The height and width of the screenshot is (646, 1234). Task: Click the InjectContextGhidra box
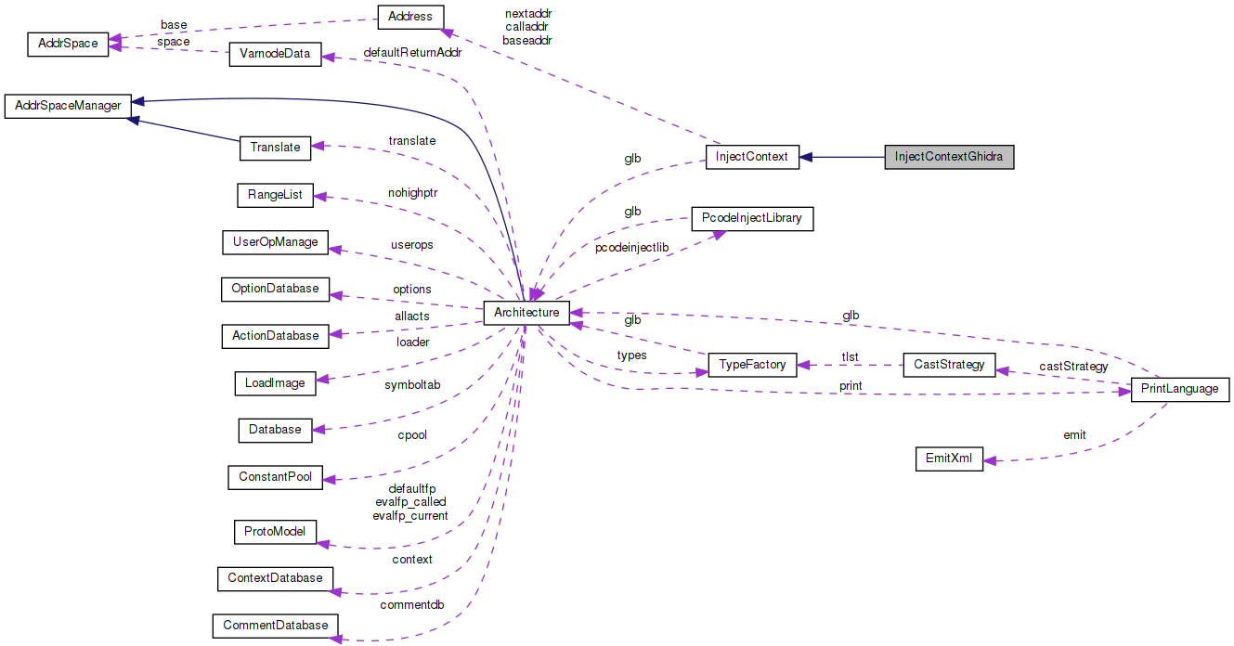point(949,157)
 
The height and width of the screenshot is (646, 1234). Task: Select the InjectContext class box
point(751,157)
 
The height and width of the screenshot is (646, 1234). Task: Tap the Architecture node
point(526,313)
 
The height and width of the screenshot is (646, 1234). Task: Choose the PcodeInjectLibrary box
point(752,220)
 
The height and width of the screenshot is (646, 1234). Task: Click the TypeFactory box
point(752,365)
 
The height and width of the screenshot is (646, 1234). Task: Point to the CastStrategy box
point(949,365)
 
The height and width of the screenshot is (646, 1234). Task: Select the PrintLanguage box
point(1179,389)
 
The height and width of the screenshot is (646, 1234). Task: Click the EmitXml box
point(949,459)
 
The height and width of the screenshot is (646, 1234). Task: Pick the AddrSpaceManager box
point(68,106)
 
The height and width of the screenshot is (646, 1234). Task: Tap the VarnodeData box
point(275,54)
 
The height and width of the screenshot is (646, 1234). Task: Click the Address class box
point(410,17)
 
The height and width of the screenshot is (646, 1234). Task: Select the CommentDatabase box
point(275,626)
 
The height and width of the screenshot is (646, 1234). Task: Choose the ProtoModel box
point(275,533)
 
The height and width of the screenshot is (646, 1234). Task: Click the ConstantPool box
point(275,478)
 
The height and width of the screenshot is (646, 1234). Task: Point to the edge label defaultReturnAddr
point(412,53)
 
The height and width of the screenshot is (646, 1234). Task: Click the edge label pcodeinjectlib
point(631,248)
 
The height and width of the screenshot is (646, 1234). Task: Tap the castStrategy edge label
point(1073,367)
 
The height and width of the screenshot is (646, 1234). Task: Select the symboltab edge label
point(411,384)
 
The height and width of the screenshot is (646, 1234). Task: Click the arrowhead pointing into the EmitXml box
point(990,460)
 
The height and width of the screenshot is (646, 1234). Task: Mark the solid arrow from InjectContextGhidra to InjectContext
point(841,157)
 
